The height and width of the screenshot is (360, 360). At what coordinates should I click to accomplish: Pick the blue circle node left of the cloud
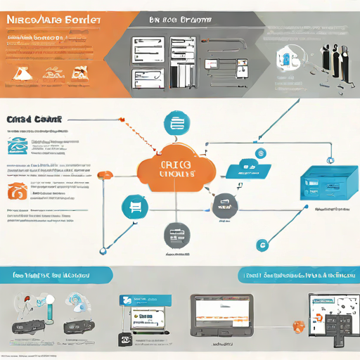pyautogui.click(x=134, y=207)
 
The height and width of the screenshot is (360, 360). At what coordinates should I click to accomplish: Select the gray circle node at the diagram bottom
pyautogui.click(x=176, y=234)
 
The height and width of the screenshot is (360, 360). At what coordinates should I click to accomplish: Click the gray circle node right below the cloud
pyautogui.click(x=224, y=205)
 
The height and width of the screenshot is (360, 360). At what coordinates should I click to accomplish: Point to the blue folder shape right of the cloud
pyautogui.click(x=249, y=169)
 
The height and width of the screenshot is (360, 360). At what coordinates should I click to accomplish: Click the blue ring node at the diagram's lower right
pyautogui.click(x=262, y=245)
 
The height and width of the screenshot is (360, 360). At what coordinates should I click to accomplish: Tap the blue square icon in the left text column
pyautogui.click(x=16, y=146)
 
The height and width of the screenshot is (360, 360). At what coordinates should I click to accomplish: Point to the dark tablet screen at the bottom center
pyautogui.click(x=221, y=314)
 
